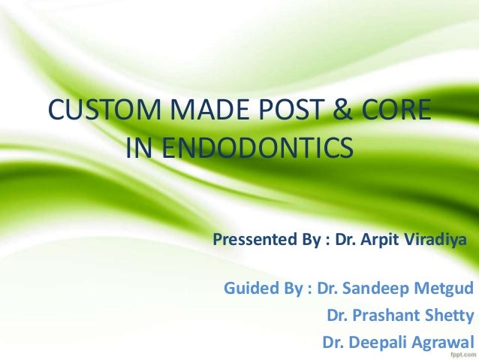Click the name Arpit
(x=383, y=242)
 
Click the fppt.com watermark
(x=459, y=353)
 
